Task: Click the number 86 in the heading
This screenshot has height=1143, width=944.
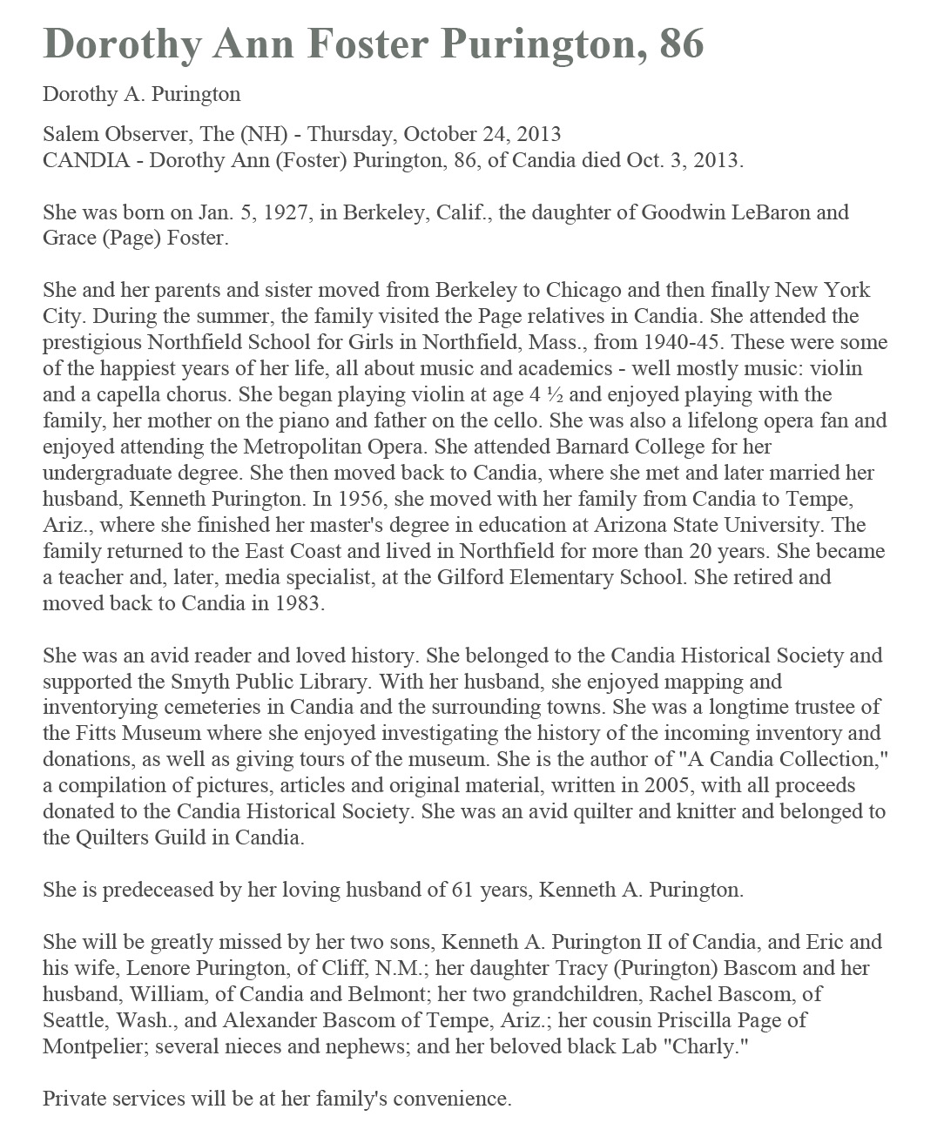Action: coord(681,44)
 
